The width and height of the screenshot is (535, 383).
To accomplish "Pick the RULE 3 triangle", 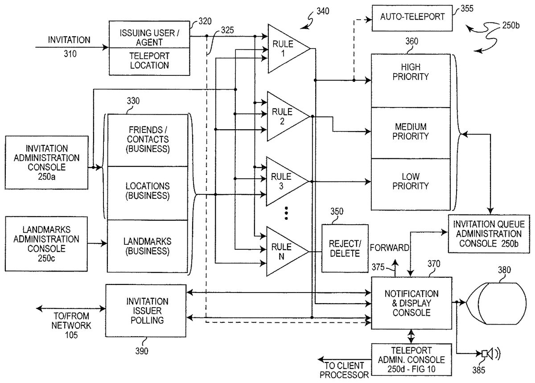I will coord(284,181).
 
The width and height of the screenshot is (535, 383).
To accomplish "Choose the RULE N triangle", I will coord(284,251).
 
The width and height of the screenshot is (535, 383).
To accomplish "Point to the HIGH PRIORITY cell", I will coord(411,80).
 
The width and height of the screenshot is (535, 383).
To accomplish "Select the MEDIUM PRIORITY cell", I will coord(411,132).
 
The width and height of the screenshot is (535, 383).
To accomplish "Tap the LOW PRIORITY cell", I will coord(411,182).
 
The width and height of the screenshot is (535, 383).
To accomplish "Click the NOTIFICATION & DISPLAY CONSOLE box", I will coord(411,303).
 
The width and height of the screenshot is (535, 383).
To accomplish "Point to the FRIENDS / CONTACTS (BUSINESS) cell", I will coord(148,139).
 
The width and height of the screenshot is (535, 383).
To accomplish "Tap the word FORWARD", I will coord(390,248).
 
